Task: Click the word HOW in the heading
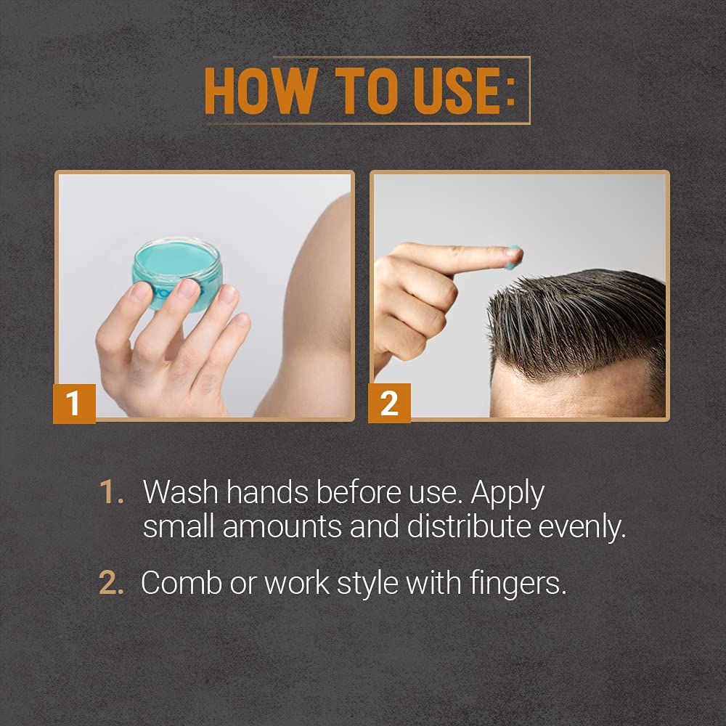tap(259, 91)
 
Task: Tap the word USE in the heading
tap(445, 91)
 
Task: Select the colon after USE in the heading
tap(510, 91)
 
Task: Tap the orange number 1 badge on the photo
tap(73, 403)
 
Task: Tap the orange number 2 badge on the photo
tap(389, 403)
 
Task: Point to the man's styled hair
tap(581, 312)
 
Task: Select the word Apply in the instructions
tap(507, 494)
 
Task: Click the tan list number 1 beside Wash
tap(111, 493)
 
